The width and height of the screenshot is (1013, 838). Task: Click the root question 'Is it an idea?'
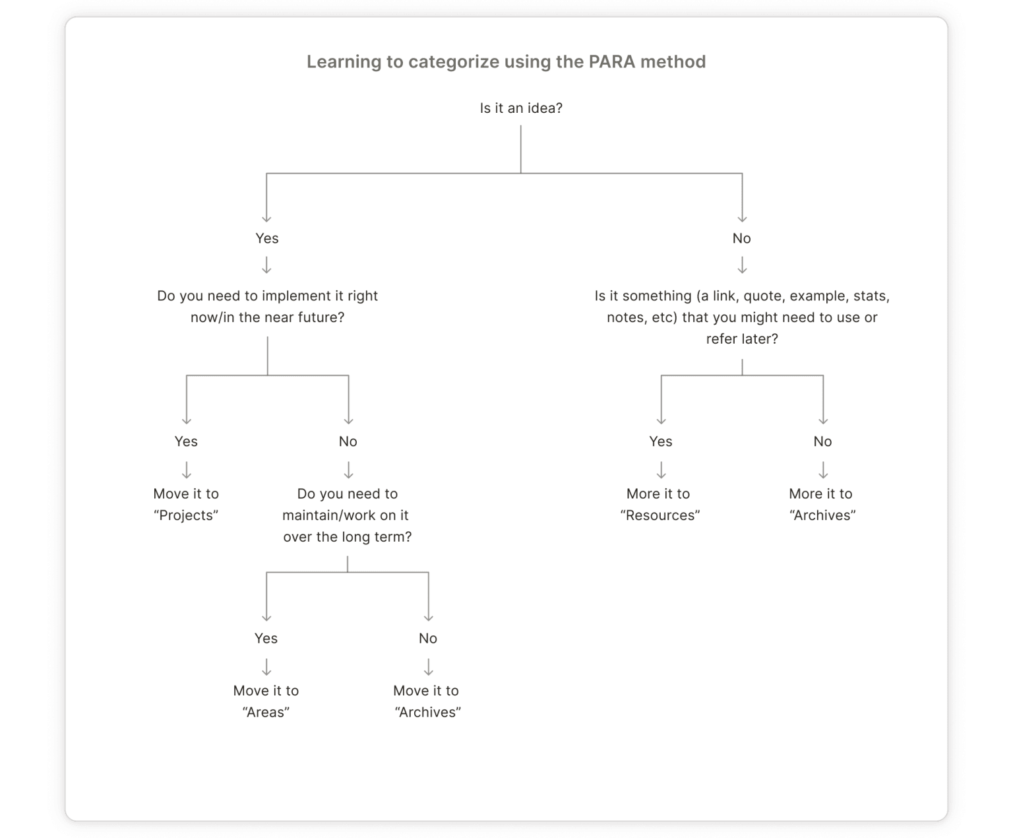pyautogui.click(x=521, y=108)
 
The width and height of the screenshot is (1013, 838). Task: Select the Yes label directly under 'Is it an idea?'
pyautogui.click(x=267, y=238)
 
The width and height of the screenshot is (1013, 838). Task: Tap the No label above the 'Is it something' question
pyautogui.click(x=742, y=238)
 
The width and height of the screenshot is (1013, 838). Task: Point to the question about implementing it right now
pyautogui.click(x=267, y=306)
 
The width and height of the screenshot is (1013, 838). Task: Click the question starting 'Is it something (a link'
pyautogui.click(x=742, y=317)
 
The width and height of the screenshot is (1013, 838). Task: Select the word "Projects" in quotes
pyautogui.click(x=186, y=515)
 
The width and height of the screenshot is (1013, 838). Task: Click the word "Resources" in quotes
pyautogui.click(x=660, y=515)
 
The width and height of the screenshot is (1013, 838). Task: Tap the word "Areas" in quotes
pyautogui.click(x=266, y=712)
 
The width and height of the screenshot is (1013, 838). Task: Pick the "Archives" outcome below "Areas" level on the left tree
pyautogui.click(x=428, y=712)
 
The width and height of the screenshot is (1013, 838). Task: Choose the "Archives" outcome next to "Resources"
pyautogui.click(x=822, y=515)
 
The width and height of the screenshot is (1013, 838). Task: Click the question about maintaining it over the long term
pyautogui.click(x=348, y=515)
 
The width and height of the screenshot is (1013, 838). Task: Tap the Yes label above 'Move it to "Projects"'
pyautogui.click(x=186, y=441)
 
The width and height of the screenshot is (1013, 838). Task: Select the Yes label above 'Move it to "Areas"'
pyautogui.click(x=266, y=638)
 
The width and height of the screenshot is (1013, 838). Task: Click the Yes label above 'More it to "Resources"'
pyautogui.click(x=661, y=441)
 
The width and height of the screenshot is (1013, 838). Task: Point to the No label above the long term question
pyautogui.click(x=348, y=441)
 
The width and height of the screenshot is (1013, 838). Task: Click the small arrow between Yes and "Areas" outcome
pyautogui.click(x=266, y=667)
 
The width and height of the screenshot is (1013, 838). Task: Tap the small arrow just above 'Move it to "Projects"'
pyautogui.click(x=187, y=470)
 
